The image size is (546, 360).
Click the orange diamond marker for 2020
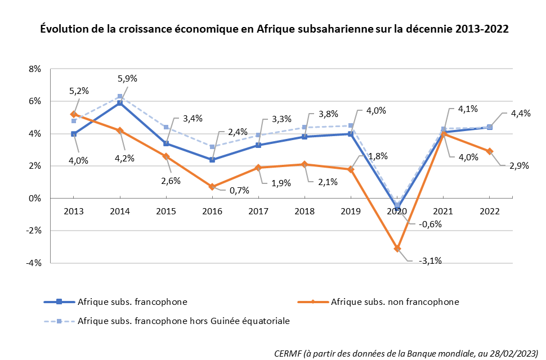point(397,248)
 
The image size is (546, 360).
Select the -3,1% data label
point(431,260)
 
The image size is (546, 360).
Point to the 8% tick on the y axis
point(34,69)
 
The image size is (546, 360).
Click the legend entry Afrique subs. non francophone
point(395,301)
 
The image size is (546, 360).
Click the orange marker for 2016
point(212,187)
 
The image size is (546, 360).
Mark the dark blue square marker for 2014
point(120,103)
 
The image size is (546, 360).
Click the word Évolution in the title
point(64,29)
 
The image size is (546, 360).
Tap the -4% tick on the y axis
point(34,263)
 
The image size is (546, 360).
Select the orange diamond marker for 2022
point(490,151)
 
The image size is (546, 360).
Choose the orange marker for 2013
point(74,114)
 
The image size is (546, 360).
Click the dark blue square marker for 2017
point(258,145)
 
